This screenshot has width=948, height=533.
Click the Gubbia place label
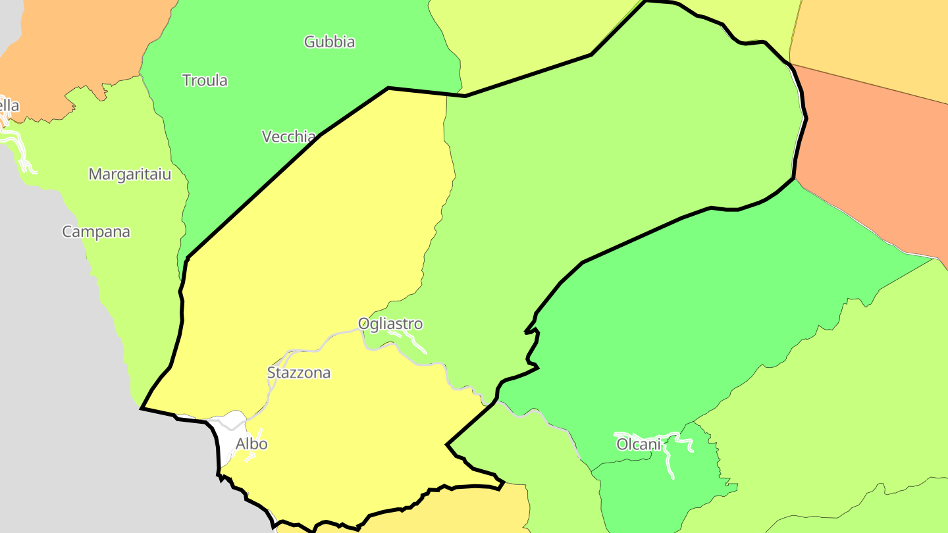coord(329,42)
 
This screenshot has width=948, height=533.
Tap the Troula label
coord(205,81)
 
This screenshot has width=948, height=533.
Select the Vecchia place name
coord(288,137)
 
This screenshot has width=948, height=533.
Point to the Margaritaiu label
coord(130,174)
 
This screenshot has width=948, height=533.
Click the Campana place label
coord(96,232)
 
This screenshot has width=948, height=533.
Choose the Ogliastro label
coord(390,324)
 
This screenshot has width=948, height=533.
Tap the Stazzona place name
coord(299,373)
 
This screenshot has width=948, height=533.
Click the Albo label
coord(251,444)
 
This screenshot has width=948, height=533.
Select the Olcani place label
coord(638,445)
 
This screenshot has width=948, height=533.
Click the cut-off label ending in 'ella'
coord(9,105)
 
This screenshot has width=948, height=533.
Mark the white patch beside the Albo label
coord(227,438)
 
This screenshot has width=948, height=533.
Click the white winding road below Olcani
coord(668,461)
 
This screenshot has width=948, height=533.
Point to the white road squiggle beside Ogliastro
coord(411,339)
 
